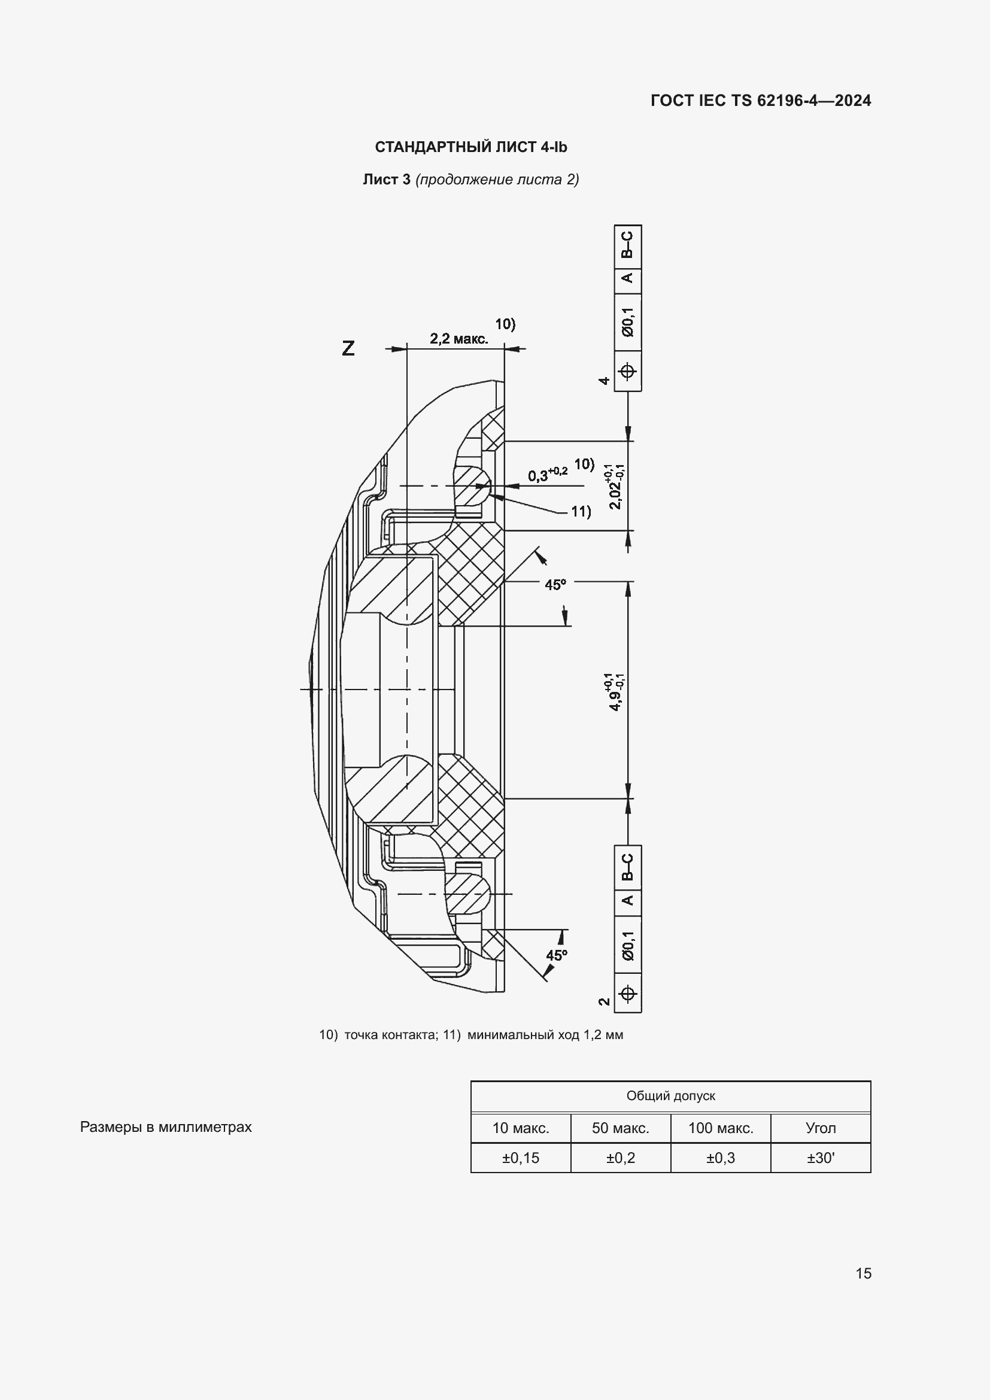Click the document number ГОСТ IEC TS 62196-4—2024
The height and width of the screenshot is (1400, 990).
point(761,101)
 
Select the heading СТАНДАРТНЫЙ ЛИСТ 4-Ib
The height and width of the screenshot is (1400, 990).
point(470,147)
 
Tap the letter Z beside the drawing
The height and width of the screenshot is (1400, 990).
point(348,348)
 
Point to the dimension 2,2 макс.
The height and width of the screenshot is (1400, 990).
point(459,338)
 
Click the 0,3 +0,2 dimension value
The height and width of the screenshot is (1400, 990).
point(548,474)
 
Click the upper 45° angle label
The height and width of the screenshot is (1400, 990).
point(555,585)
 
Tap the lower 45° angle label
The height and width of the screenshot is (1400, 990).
point(557,955)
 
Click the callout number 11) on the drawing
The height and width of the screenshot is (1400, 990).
point(581,511)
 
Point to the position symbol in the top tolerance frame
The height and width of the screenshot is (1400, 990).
point(628,371)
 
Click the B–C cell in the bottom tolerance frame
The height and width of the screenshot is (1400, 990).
point(628,867)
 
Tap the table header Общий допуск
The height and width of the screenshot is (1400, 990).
point(670,1096)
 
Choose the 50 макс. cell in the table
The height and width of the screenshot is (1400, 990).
point(621,1128)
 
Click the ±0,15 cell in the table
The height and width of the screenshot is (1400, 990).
point(521,1158)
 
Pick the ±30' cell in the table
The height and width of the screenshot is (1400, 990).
point(821,1158)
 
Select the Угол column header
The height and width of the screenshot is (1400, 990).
point(821,1128)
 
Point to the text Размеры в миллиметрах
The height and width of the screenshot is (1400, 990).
point(166,1127)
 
